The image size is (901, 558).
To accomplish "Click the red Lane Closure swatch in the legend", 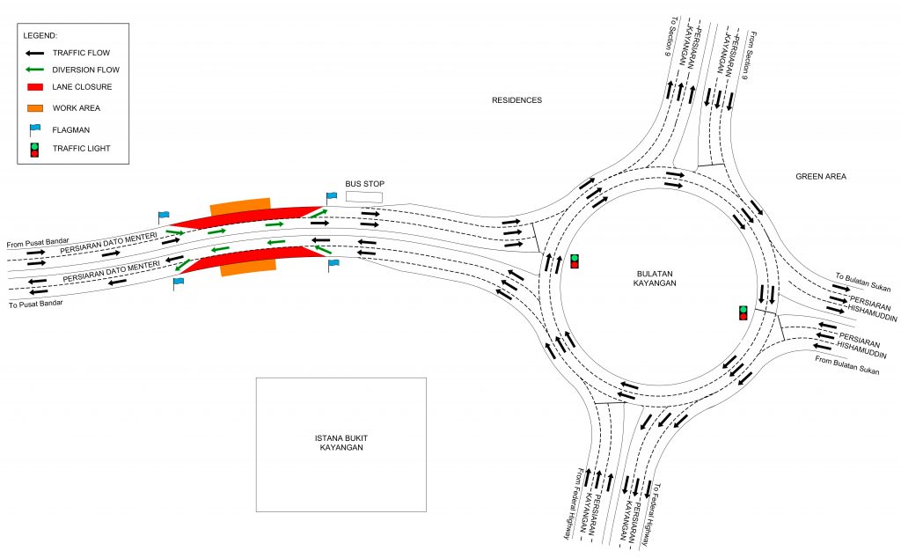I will pyautogui.click(x=34, y=88).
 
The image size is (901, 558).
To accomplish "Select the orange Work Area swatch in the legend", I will pyautogui.click(x=34, y=107).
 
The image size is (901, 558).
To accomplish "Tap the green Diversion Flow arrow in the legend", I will pyautogui.click(x=34, y=70).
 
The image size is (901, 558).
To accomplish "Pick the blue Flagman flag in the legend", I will pyautogui.click(x=33, y=128).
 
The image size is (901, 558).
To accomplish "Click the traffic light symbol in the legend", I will pyautogui.click(x=34, y=149).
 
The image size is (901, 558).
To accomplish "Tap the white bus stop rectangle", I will pyautogui.click(x=364, y=196).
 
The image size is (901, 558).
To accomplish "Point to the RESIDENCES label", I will pyautogui.click(x=516, y=100).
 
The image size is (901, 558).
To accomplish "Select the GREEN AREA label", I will pyautogui.click(x=821, y=177).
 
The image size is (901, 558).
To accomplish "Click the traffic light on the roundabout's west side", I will pyautogui.click(x=575, y=261).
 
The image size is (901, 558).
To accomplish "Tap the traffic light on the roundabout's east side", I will pyautogui.click(x=744, y=312).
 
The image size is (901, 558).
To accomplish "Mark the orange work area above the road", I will pyautogui.click(x=239, y=206).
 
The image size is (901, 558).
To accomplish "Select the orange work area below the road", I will pyautogui.click(x=248, y=267).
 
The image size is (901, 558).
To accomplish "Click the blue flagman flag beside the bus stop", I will pyautogui.click(x=331, y=197).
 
